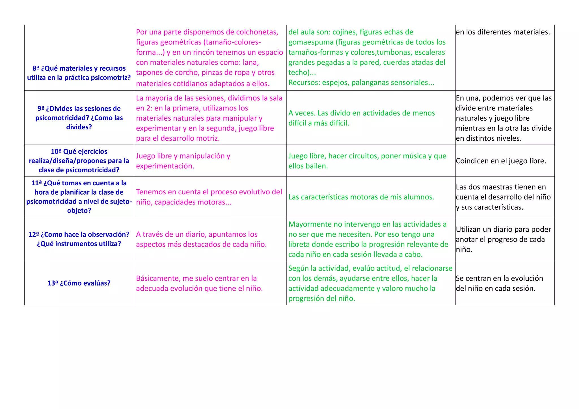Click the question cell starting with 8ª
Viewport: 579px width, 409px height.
(79, 73)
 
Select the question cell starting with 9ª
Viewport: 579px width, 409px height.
(79, 118)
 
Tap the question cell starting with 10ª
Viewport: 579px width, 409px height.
(79, 161)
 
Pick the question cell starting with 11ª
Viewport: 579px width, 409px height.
(79, 197)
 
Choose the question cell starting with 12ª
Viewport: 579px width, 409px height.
(79, 239)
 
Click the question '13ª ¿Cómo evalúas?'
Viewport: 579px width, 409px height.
(79, 283)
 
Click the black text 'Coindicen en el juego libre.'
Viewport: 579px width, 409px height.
(501, 161)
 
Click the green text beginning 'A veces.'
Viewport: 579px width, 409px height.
(361, 118)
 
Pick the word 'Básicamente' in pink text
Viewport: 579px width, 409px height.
(157, 279)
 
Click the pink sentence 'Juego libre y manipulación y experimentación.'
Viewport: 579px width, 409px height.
(183, 161)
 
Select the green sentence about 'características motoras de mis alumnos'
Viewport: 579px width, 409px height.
(361, 197)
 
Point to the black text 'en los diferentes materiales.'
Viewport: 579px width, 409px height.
(503, 32)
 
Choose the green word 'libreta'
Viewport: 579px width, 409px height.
(299, 245)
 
